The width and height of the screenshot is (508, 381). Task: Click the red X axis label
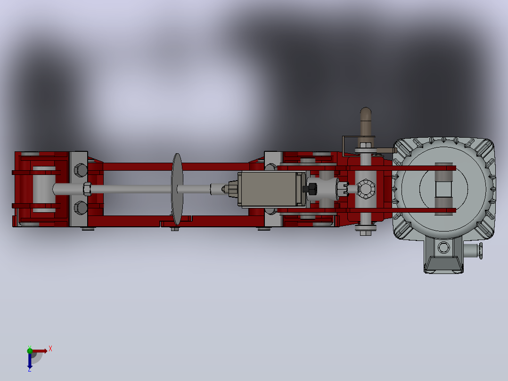point(50,349)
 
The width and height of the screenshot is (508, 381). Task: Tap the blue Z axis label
point(30,369)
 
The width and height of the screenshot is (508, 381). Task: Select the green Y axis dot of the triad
point(30,350)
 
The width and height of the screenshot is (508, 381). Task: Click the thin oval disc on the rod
point(177,189)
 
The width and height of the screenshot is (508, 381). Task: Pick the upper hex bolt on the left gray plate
point(80,170)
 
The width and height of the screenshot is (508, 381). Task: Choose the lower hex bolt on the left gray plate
point(80,208)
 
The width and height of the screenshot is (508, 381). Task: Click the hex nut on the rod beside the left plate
point(87,189)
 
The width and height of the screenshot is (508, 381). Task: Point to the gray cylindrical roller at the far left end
point(44,190)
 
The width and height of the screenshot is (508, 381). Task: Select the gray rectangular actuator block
point(269,189)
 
